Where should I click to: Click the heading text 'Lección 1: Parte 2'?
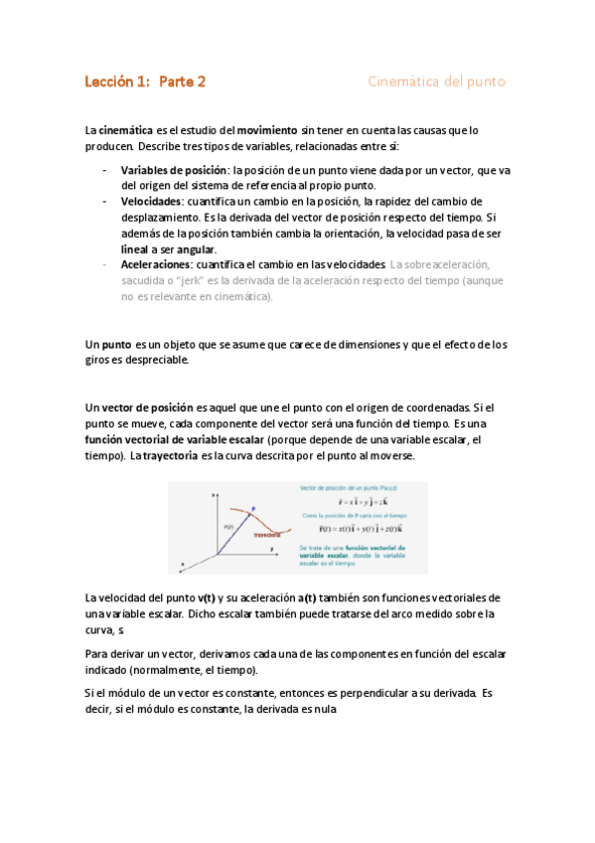click(x=145, y=83)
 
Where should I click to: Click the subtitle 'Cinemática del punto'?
click(x=436, y=83)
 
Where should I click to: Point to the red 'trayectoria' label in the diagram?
click(x=266, y=534)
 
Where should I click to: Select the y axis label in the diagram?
click(x=271, y=548)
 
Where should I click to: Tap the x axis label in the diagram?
click(x=182, y=564)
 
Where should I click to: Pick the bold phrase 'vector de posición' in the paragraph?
click(x=146, y=408)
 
